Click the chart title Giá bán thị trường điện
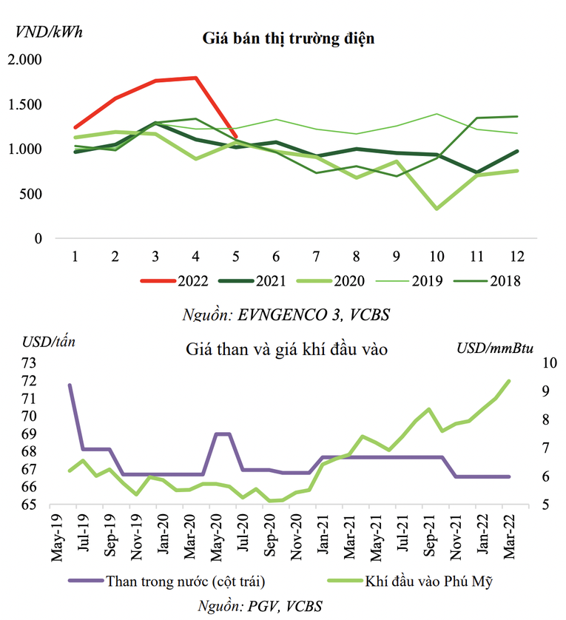click(x=289, y=38)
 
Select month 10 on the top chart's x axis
click(x=437, y=256)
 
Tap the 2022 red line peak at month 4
click(x=195, y=78)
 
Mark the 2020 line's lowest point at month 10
click(x=437, y=209)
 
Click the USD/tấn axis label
click(x=48, y=341)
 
